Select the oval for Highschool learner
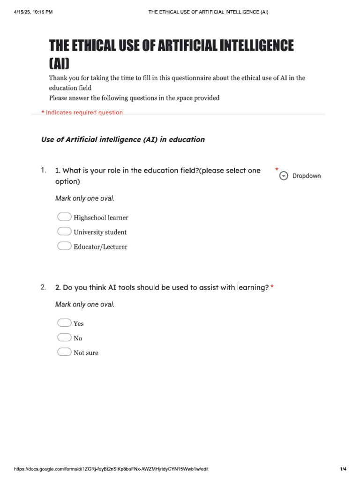tap(64, 217)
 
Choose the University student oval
tap(64, 232)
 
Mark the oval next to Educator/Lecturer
tap(64, 246)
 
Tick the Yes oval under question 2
tap(64, 323)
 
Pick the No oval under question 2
tap(64, 337)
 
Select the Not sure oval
tap(64, 352)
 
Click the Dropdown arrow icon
tap(283, 176)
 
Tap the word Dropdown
tap(307, 176)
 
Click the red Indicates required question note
tap(82, 112)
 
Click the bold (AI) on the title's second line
tap(60, 63)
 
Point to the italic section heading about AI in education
tap(123, 140)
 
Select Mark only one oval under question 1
tap(85, 198)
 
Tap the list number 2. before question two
tap(44, 287)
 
